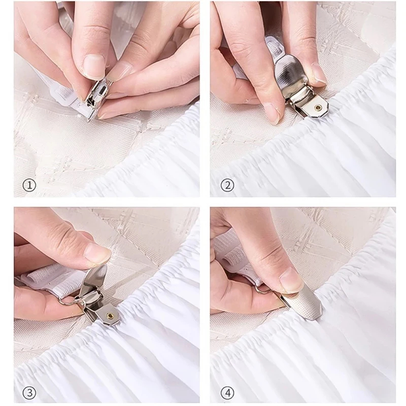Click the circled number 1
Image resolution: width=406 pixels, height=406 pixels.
point(29,185)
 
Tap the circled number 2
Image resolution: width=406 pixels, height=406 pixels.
point(227,185)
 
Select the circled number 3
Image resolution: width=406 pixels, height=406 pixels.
point(29,393)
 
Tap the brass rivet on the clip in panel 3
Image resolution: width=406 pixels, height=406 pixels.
point(110,315)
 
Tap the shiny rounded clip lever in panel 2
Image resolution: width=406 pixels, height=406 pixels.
point(293,74)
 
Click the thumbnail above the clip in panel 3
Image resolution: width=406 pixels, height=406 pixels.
point(98,253)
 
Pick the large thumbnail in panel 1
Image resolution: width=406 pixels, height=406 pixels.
point(94,65)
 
